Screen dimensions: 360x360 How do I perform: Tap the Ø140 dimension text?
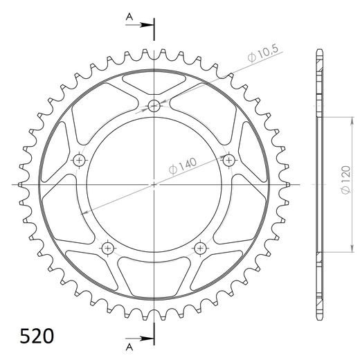(x=183, y=165)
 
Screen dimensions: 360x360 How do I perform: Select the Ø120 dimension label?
(x=346, y=180)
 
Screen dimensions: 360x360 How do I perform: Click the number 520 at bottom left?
(x=37, y=336)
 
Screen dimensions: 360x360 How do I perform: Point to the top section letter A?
(x=129, y=17)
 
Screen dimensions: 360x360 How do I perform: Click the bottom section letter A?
(x=129, y=347)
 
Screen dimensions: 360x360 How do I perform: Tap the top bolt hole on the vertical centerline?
(x=154, y=106)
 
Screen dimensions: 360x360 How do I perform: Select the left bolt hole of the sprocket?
(x=79, y=160)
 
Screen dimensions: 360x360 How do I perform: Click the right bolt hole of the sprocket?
(x=229, y=160)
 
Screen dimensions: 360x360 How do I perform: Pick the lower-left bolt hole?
(x=108, y=249)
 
